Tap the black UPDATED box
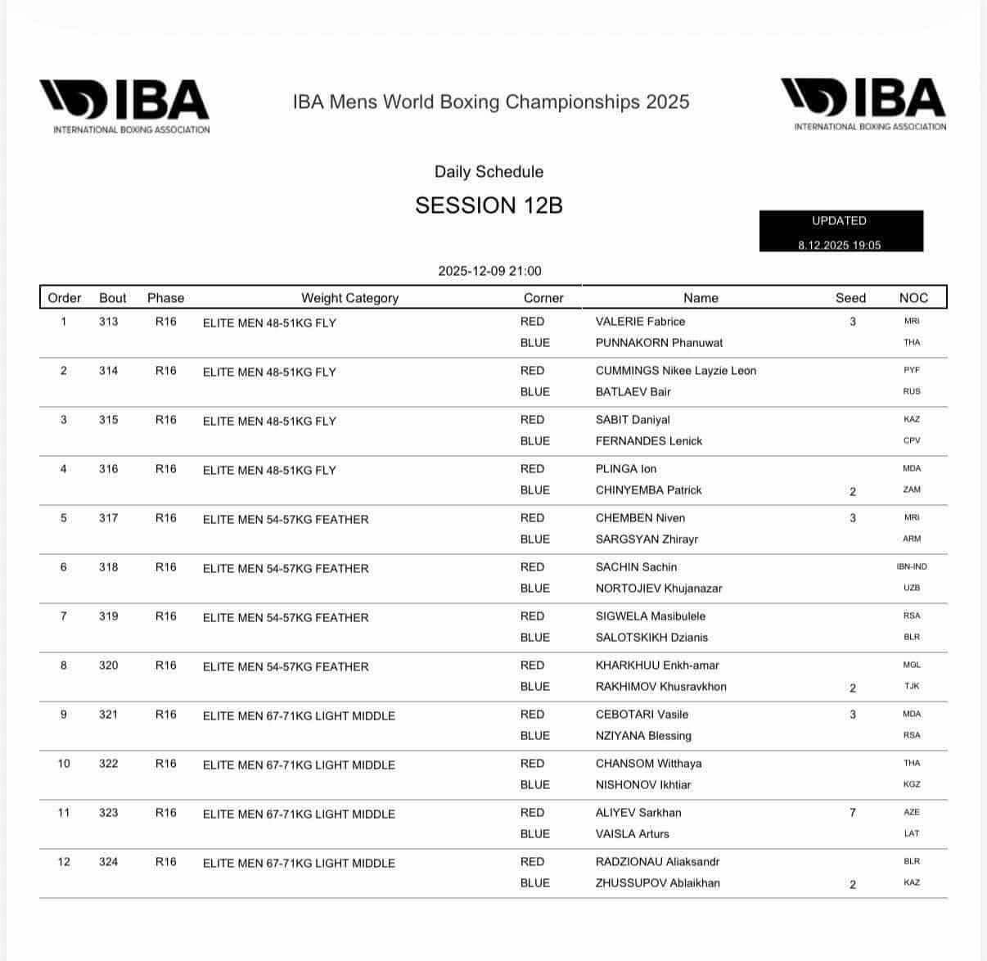pyautogui.click(x=841, y=232)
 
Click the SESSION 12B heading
pyautogui.click(x=489, y=205)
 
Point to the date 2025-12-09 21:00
pyautogui.click(x=489, y=271)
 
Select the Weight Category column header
pyautogui.click(x=349, y=298)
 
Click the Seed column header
pyautogui.click(x=850, y=298)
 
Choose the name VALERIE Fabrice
pyautogui.click(x=640, y=322)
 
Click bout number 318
pyautogui.click(x=108, y=567)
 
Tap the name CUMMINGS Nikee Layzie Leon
pyautogui.click(x=675, y=371)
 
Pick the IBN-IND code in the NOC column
pyautogui.click(x=912, y=566)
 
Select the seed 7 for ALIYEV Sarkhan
pyautogui.click(x=853, y=813)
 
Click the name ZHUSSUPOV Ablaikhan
pyautogui.click(x=657, y=883)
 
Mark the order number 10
pyautogui.click(x=64, y=764)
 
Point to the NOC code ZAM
pyautogui.click(x=912, y=490)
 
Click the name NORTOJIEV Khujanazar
pyautogui.click(x=659, y=589)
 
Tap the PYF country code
pyautogui.click(x=912, y=370)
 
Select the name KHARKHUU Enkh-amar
pyautogui.click(x=657, y=665)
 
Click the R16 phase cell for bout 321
pyautogui.click(x=166, y=715)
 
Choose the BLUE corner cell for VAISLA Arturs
pyautogui.click(x=534, y=834)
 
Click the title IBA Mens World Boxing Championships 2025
pyautogui.click(x=491, y=102)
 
